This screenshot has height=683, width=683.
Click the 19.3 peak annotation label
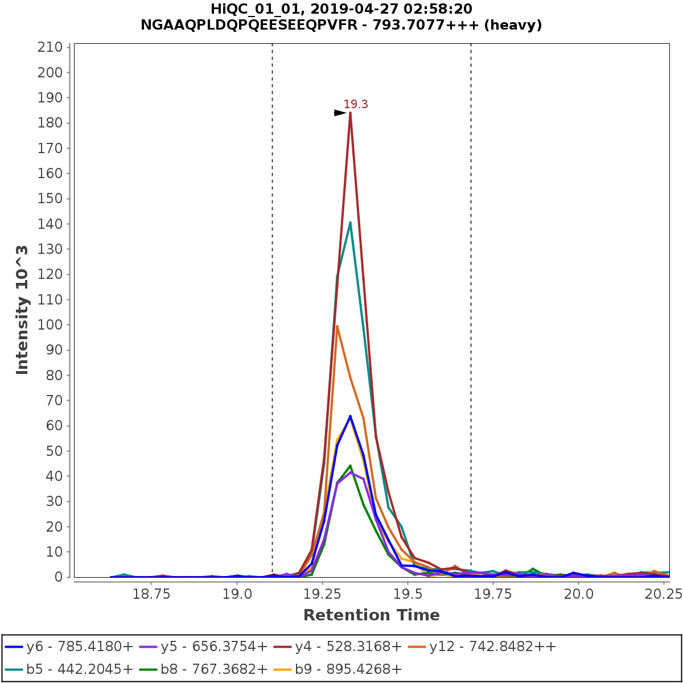pyautogui.click(x=356, y=104)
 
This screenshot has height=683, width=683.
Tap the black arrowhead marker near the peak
pyautogui.click(x=340, y=113)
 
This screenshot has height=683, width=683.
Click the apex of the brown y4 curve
pyautogui.click(x=350, y=113)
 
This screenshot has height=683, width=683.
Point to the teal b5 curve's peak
pyautogui.click(x=350, y=223)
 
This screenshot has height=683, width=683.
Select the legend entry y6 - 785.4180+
pyautogui.click(x=69, y=647)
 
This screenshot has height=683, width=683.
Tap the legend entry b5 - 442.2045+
pyautogui.click(x=69, y=669)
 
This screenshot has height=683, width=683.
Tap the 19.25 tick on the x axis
pyautogui.click(x=322, y=594)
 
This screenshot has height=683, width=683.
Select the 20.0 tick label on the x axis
pyautogui.click(x=578, y=594)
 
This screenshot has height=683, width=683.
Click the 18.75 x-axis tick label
pyautogui.click(x=151, y=594)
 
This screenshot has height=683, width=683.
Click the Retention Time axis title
pyautogui.click(x=371, y=615)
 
